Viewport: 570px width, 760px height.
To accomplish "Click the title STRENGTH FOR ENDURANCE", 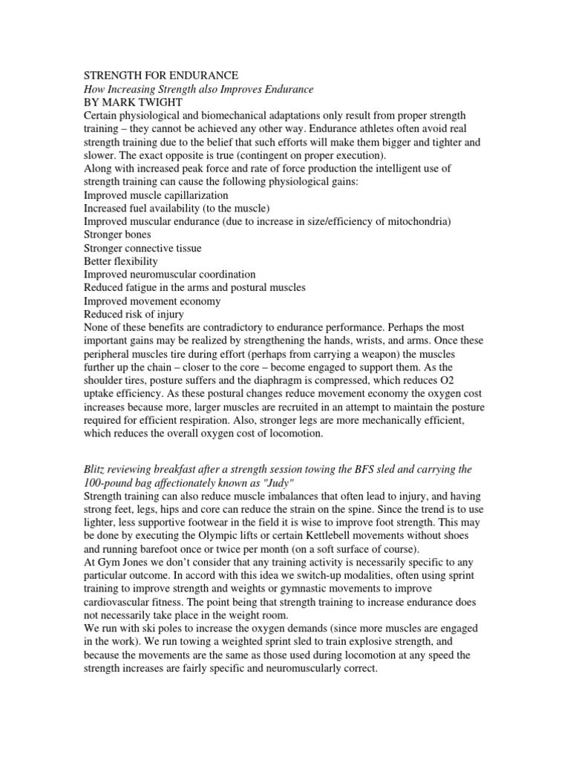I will [x=160, y=76].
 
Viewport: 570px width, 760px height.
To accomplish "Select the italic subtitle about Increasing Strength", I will [x=199, y=89].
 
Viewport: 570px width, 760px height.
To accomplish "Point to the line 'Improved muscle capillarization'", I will [x=156, y=194].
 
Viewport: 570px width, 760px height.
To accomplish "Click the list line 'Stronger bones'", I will [x=117, y=235].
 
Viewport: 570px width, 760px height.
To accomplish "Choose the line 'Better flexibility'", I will [x=120, y=261].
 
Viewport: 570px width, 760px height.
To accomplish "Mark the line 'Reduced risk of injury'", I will [x=134, y=314].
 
